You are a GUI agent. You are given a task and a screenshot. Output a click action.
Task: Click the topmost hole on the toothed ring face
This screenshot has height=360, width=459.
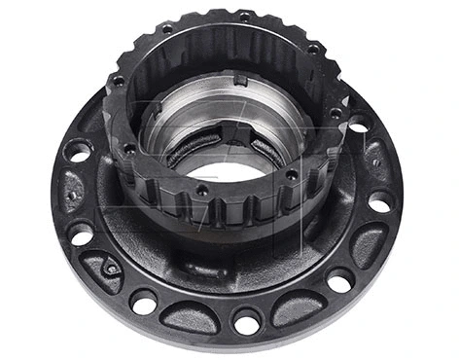243,17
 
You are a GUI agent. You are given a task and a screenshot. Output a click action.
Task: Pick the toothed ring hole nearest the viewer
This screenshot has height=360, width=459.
201,191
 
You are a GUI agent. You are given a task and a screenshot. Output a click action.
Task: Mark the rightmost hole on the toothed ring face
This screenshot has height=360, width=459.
335,113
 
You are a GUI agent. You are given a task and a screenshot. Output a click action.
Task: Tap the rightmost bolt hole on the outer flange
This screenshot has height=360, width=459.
381,202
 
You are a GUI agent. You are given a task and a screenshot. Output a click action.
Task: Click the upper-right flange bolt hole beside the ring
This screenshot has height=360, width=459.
358,125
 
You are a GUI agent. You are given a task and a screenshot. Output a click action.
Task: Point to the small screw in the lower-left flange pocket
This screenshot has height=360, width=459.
113,269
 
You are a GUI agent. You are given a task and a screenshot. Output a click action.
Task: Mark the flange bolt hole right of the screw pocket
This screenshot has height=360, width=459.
147,301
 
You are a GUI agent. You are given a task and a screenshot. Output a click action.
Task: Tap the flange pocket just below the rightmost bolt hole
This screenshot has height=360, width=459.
370,243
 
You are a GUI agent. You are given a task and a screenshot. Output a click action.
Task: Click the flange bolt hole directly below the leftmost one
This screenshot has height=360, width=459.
82,234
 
